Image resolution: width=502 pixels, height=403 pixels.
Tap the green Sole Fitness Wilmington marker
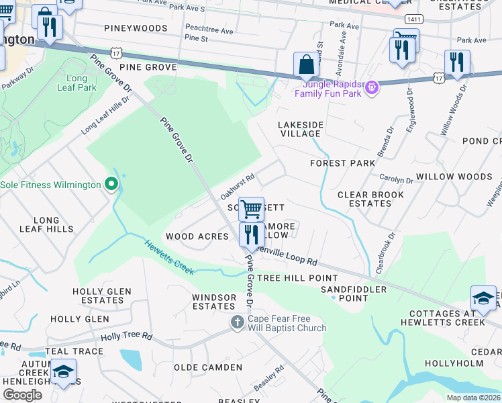(x=111, y=185)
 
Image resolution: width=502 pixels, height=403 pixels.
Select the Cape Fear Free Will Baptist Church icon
(x=237, y=323)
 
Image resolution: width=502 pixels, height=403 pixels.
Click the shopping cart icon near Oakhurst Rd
(x=251, y=209)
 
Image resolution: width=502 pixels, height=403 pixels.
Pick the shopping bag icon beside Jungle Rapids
(x=306, y=66)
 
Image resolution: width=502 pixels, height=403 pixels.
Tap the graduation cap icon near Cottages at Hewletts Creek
(x=483, y=298)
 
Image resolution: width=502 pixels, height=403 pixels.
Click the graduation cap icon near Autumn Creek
(x=63, y=371)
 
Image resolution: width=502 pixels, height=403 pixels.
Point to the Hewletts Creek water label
(x=168, y=257)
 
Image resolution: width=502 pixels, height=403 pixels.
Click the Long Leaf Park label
(x=77, y=83)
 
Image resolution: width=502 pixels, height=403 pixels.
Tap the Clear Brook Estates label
(x=370, y=199)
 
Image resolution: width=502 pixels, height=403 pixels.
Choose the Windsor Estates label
(x=213, y=302)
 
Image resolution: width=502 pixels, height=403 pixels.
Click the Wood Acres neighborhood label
(x=197, y=236)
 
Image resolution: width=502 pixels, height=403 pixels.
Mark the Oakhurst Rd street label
(x=237, y=187)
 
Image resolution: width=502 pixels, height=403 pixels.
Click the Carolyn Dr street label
(x=395, y=180)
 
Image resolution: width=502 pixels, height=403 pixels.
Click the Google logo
(x=22, y=395)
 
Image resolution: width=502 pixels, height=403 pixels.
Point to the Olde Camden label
(x=208, y=367)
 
